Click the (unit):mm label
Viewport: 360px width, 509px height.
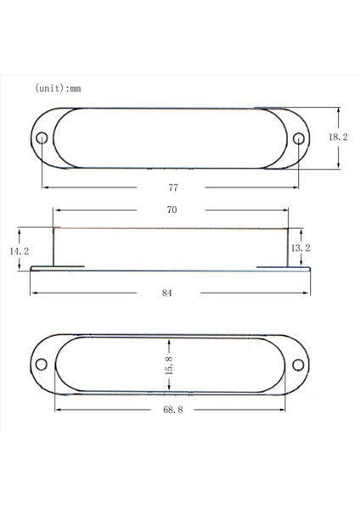[58, 87]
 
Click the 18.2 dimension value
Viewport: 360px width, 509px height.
[339, 137]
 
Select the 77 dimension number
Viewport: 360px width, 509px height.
[174, 186]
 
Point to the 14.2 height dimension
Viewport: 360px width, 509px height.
[19, 252]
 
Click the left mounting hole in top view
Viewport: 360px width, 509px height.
[42, 138]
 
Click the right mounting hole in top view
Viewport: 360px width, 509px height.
[298, 138]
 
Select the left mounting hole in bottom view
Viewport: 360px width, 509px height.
[41, 365]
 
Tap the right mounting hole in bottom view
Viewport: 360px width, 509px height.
[298, 365]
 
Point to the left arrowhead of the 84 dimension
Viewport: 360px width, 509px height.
[33, 293]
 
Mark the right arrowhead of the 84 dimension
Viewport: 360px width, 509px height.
[308, 293]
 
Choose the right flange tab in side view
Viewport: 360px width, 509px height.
[285, 267]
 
